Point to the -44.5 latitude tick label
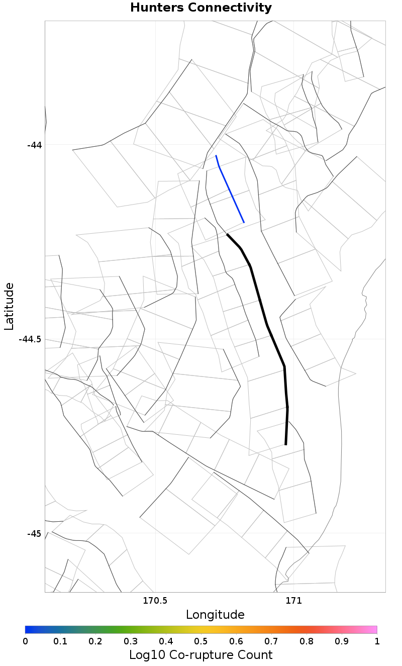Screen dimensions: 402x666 30,339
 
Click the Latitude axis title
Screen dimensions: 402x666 9,306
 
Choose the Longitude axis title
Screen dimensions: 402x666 215,615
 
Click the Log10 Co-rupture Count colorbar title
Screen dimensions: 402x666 200,655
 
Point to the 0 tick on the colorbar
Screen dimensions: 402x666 25,641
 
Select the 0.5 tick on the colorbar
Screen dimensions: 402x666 201,641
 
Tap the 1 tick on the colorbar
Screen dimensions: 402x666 377,641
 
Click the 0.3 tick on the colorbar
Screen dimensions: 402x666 131,641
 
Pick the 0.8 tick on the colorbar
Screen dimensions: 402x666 307,641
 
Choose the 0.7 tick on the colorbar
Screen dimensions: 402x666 271,641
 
